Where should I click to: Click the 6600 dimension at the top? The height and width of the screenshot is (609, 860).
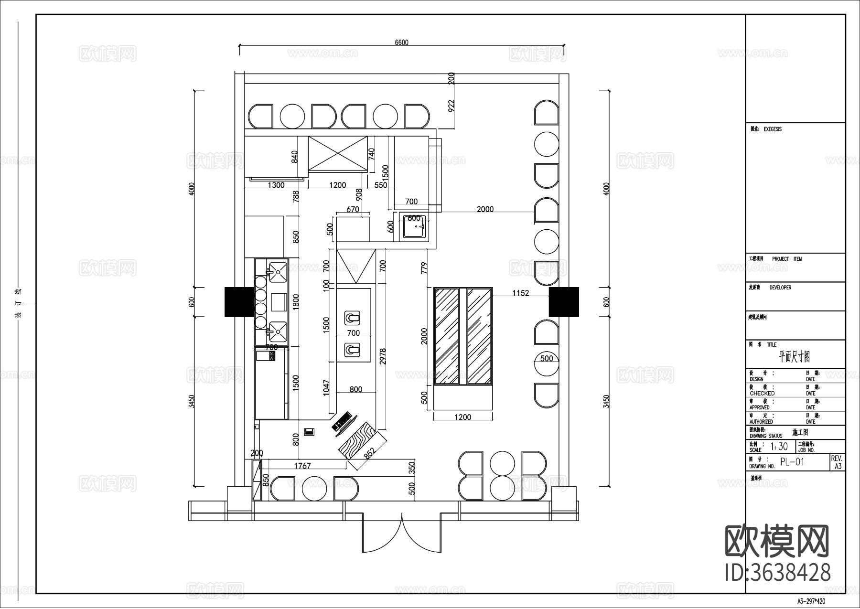pos(401,43)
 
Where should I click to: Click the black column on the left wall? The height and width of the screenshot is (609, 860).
pos(239,302)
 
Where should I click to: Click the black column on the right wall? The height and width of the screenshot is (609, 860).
pos(563,302)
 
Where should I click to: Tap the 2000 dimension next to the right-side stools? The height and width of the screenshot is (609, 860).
pos(485,209)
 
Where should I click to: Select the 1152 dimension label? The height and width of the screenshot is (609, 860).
pos(520,293)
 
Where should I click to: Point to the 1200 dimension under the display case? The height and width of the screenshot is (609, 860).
pos(462,417)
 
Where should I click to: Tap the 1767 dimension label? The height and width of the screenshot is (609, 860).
pos(302,466)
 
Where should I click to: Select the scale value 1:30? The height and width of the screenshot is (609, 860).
pos(779,447)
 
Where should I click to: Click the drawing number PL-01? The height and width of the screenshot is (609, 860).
pos(792,462)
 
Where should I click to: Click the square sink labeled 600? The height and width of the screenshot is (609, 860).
pos(414,226)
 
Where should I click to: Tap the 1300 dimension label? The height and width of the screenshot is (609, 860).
pos(276,185)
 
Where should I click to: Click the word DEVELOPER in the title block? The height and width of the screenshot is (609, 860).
pos(780,288)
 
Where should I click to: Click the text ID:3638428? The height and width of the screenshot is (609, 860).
pos(777,572)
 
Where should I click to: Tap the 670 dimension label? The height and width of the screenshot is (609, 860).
pos(353,210)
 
